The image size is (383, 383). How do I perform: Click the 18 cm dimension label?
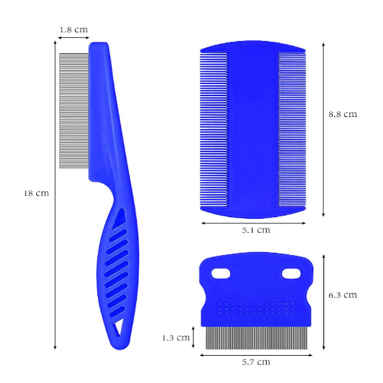[x=36, y=193]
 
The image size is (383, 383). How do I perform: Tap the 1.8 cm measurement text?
[x=74, y=30]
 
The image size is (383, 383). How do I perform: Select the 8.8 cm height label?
[x=343, y=114]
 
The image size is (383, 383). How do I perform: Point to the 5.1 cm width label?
[x=256, y=230]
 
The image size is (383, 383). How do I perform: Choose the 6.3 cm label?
[x=343, y=295]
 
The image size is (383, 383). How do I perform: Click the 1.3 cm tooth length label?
[x=176, y=338]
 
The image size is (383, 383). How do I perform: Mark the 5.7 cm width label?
[x=256, y=362]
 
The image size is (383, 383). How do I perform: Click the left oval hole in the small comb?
[x=221, y=273]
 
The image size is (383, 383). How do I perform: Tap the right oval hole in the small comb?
[x=291, y=273]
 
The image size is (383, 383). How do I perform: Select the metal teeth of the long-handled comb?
[x=74, y=111]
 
